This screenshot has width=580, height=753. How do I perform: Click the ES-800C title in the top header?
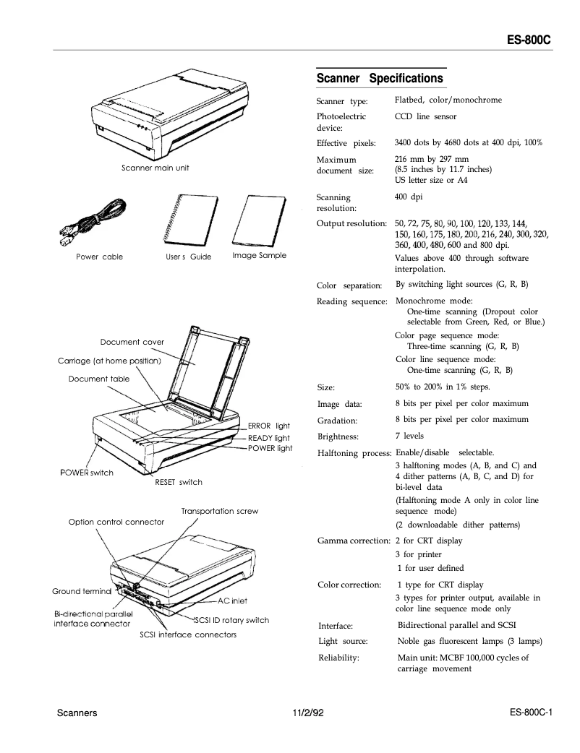(x=528, y=40)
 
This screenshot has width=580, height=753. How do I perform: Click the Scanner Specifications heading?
(x=380, y=78)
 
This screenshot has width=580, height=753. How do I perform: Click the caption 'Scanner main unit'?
(x=155, y=168)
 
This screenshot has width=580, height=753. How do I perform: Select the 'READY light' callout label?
(x=268, y=438)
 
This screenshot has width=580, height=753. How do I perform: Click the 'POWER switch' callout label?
(x=85, y=473)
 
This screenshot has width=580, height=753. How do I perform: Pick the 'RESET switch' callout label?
(x=179, y=482)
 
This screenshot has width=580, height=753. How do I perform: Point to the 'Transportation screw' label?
(x=219, y=511)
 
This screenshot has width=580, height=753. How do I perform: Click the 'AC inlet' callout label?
(x=232, y=601)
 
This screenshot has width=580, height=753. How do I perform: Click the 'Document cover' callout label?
(x=132, y=342)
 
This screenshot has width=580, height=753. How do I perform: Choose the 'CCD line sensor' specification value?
(x=425, y=116)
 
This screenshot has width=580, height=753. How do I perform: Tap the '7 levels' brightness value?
(x=409, y=436)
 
